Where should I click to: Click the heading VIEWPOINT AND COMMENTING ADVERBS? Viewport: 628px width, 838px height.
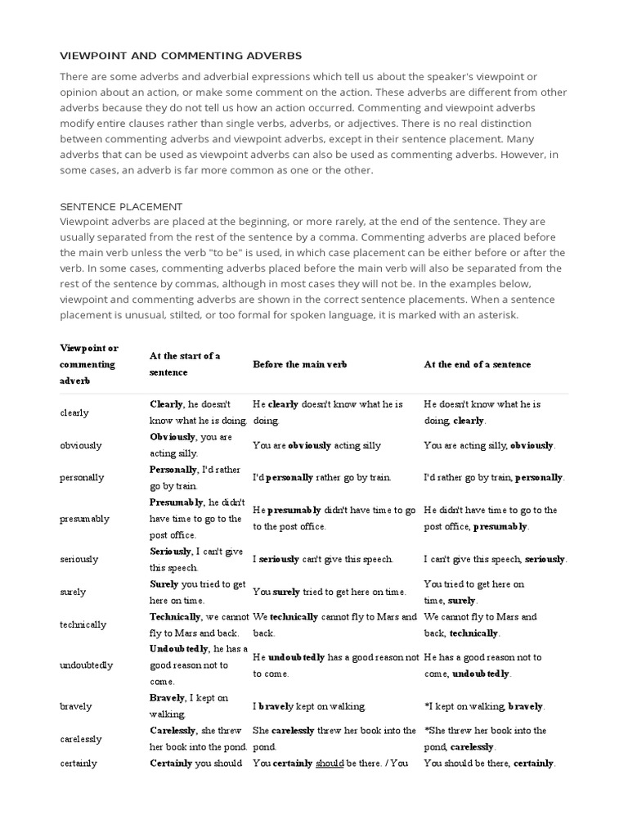click(x=181, y=56)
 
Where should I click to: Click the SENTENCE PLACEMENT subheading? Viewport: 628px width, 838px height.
click(x=122, y=207)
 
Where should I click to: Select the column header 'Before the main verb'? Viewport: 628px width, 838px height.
click(x=299, y=364)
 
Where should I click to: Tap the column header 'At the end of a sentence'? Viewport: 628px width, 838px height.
click(x=477, y=364)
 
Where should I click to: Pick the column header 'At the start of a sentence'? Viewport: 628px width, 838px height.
click(x=185, y=364)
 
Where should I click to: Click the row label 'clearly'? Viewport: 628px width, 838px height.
click(x=74, y=412)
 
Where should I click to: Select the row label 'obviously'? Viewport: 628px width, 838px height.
click(x=81, y=445)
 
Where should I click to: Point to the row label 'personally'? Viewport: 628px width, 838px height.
click(x=83, y=478)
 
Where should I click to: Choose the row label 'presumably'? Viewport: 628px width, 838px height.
click(x=84, y=519)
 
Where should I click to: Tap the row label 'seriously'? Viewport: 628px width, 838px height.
click(x=79, y=560)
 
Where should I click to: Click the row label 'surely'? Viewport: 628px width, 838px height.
click(x=73, y=592)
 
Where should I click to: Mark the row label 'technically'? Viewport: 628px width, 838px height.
click(x=83, y=624)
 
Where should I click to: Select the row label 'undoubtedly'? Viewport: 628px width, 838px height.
click(x=87, y=665)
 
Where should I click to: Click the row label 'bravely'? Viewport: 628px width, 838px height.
click(x=76, y=706)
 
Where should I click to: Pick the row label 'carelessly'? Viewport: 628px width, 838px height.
click(x=81, y=739)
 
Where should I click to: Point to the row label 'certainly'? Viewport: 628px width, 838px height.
click(x=78, y=764)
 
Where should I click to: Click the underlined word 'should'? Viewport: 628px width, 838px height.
click(x=329, y=764)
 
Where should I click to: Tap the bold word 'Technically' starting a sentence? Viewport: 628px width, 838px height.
click(x=174, y=617)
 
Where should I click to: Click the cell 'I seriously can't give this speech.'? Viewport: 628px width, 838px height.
click(x=323, y=560)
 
